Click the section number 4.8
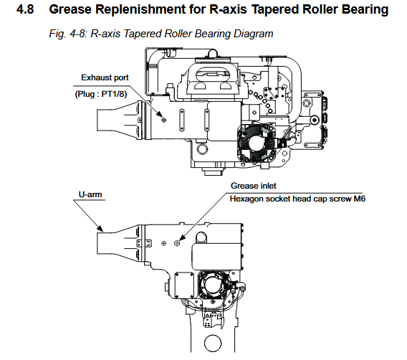(x=25, y=9)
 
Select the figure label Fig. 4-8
(x=68, y=34)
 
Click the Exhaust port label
(x=105, y=77)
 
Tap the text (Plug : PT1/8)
(x=101, y=94)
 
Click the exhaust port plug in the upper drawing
(x=164, y=120)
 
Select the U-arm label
(x=90, y=194)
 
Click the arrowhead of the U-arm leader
(x=100, y=229)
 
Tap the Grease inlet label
(x=254, y=186)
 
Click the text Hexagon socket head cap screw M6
(x=297, y=199)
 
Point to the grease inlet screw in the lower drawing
(x=177, y=243)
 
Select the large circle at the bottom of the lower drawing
(x=213, y=344)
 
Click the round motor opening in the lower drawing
(x=213, y=285)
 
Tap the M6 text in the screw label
(x=360, y=199)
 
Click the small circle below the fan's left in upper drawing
(x=202, y=149)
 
